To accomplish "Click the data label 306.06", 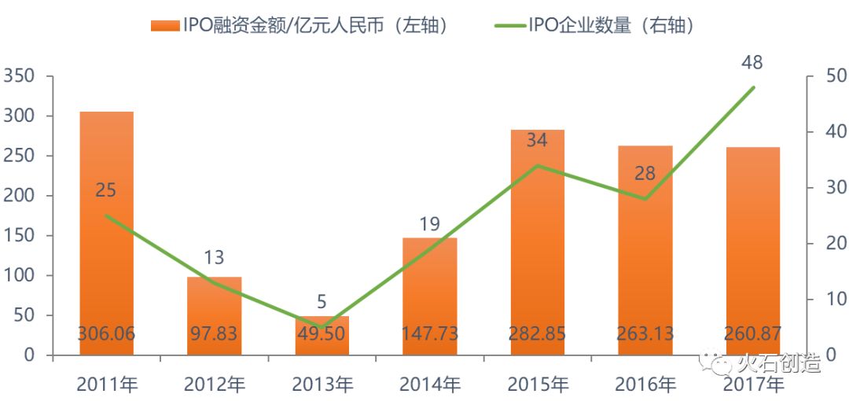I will [106, 333].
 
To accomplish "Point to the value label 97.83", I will [214, 333].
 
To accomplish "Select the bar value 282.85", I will [537, 333].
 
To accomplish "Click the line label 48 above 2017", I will [752, 63].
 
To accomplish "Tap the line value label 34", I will [537, 141].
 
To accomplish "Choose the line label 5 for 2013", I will [322, 302].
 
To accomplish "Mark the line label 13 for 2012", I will [214, 257].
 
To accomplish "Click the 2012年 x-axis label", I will [214, 385].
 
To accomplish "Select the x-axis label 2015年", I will [537, 385].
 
